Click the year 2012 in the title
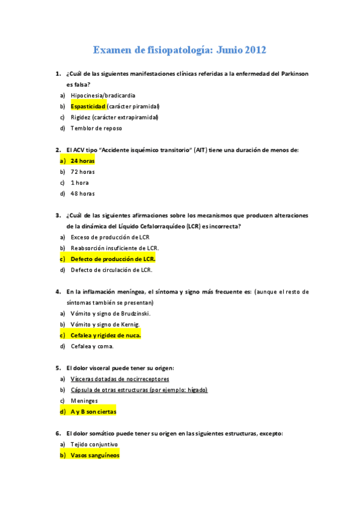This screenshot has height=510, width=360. point(254,50)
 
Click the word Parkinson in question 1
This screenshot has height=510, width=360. point(290,73)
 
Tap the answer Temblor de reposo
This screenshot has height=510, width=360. point(96,128)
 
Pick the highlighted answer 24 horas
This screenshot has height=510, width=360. point(82,161)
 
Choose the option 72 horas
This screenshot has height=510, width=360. point(82,171)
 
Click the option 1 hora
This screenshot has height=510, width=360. point(80,182)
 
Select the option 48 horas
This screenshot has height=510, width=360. point(82,193)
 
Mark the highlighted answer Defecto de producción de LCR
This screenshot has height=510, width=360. point(112,259)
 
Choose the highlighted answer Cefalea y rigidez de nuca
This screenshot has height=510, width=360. point(106,335)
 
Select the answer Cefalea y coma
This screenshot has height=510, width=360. point(92,346)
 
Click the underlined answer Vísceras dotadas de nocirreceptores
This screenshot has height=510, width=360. point(120,379)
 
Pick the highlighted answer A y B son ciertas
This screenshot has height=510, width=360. point(93,411)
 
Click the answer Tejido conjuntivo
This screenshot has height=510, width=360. point(94,444)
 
